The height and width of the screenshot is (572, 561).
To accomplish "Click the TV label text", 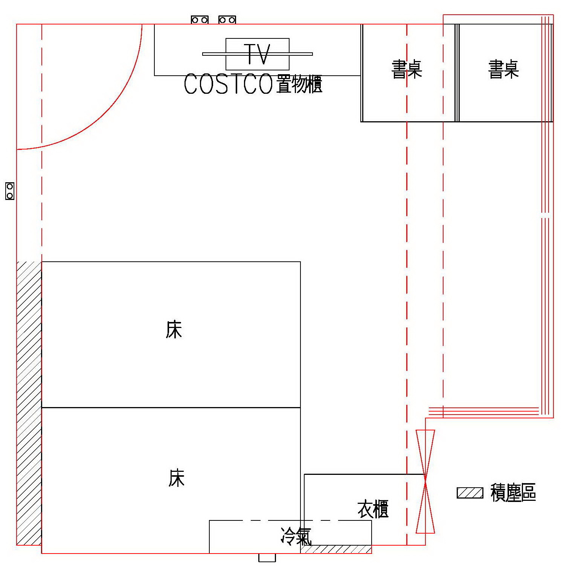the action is (x=257, y=54).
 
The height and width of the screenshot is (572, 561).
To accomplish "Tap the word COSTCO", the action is (x=228, y=84).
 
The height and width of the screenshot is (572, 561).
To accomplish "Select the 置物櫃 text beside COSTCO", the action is (x=299, y=84).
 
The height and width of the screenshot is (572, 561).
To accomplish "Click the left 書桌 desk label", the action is (x=407, y=69).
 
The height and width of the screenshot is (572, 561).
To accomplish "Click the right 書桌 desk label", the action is (x=503, y=69).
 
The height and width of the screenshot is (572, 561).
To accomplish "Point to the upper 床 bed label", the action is (x=174, y=329).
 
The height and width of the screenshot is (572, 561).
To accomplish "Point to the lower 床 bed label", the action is (x=176, y=478).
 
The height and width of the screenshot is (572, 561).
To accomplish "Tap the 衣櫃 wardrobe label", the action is (x=373, y=509).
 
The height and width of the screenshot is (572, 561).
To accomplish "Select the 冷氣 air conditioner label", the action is (x=296, y=536).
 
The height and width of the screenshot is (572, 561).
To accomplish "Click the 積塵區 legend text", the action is (x=513, y=493).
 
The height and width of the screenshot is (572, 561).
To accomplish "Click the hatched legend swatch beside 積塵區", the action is (x=470, y=493).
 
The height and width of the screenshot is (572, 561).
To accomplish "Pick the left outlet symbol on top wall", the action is (x=200, y=20).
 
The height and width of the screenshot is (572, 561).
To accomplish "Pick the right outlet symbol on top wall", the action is (x=227, y=20).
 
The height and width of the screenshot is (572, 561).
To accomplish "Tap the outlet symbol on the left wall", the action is (x=10, y=191).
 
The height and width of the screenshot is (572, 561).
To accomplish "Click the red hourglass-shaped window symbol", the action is (x=425, y=481).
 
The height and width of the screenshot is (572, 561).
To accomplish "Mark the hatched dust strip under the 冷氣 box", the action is (x=336, y=549).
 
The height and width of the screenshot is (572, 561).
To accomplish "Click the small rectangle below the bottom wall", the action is (x=267, y=558).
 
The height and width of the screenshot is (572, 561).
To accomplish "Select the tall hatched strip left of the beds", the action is (x=29, y=403).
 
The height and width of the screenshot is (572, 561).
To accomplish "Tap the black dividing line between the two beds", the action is (x=171, y=407).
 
